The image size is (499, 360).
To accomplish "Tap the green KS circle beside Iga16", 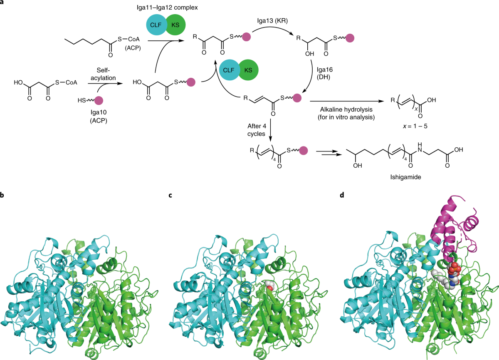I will [247, 69].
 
